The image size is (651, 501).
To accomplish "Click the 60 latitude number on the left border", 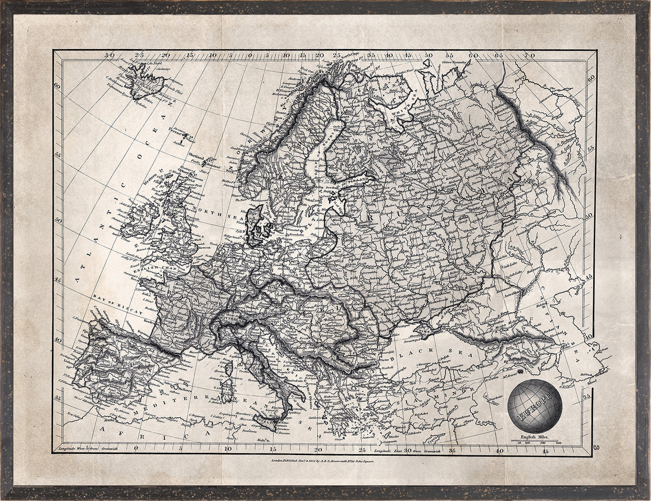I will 57,85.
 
